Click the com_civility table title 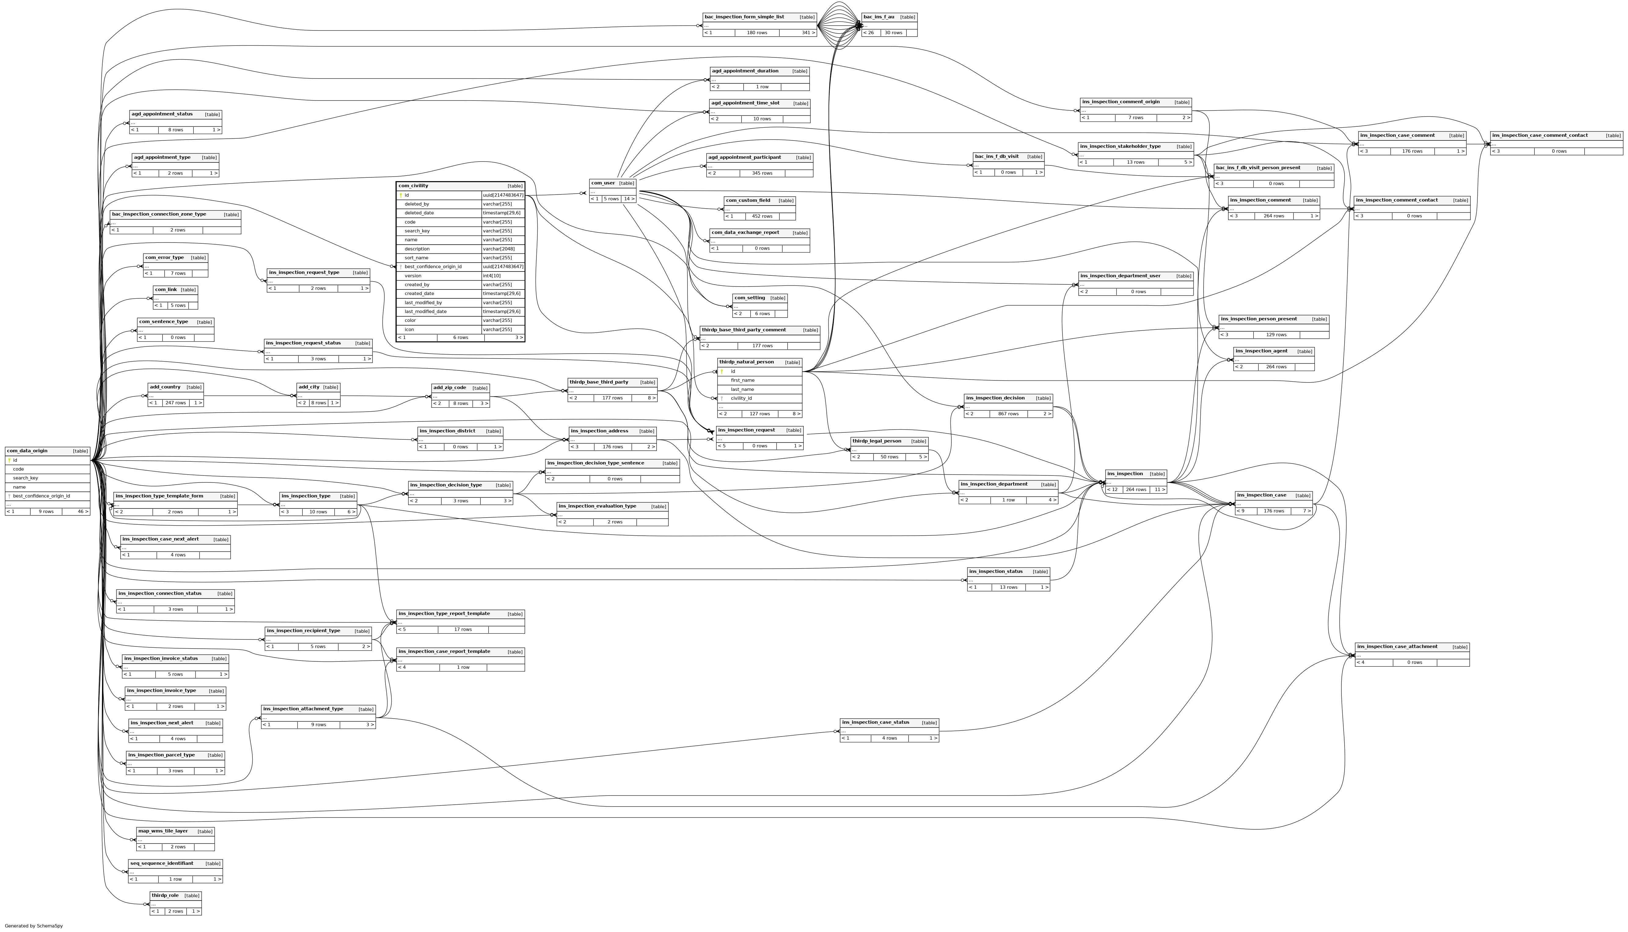(414, 186)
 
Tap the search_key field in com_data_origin (26, 478)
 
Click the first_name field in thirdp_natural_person (743, 380)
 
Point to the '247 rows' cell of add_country (175, 402)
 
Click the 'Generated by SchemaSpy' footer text (33, 926)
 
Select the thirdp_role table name (165, 896)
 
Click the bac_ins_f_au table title (879, 16)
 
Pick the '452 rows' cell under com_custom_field (762, 216)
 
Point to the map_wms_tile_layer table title (163, 831)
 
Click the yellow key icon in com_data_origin (9, 460)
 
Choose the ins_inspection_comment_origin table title (1121, 102)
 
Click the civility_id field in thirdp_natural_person (741, 398)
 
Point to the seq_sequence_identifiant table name (161, 864)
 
